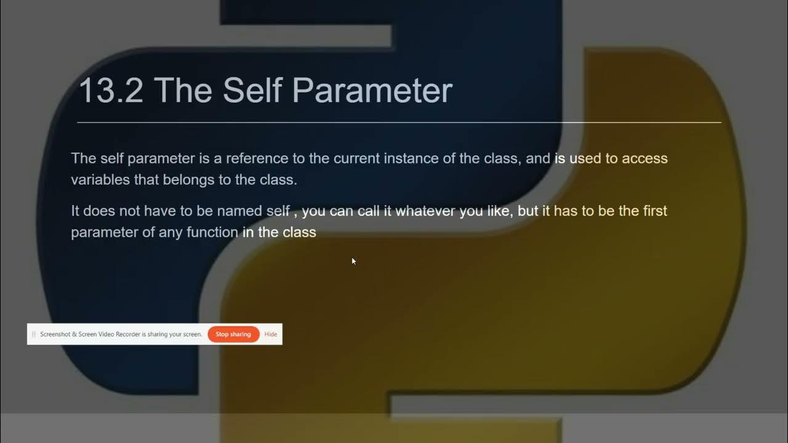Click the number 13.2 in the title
pyautogui.click(x=111, y=90)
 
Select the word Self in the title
pyautogui.click(x=252, y=90)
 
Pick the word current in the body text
pyautogui.click(x=357, y=158)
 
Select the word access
pyautogui.click(x=645, y=158)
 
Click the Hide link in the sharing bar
pyautogui.click(x=270, y=334)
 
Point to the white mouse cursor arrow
pyautogui.click(x=353, y=261)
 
